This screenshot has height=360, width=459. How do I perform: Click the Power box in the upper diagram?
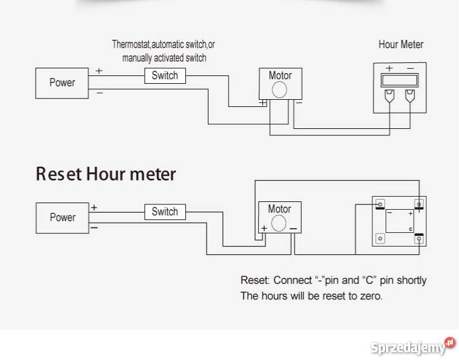[x=62, y=83]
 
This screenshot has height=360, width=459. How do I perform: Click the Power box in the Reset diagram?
[x=62, y=217]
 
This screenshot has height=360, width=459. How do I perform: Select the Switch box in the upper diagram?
[x=164, y=75]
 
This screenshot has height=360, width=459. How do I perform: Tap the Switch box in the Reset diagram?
[x=164, y=211]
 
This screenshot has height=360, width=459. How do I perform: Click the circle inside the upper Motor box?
[x=279, y=90]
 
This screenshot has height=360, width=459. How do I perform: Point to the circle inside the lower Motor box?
[x=279, y=223]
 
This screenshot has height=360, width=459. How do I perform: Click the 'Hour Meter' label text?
[x=401, y=45]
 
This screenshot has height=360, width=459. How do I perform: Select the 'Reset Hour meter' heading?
[x=106, y=174]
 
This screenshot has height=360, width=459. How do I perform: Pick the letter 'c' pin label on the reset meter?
[x=411, y=229]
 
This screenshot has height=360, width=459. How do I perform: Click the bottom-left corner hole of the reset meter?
[x=381, y=238]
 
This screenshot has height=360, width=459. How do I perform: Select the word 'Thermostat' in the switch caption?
[x=131, y=44]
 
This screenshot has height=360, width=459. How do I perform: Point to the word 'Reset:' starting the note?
[x=255, y=280]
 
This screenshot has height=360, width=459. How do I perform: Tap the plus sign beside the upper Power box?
[x=99, y=71]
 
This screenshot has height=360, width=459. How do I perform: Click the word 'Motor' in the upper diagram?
[x=280, y=75]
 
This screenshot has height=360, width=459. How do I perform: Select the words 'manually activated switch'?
[x=164, y=58]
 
